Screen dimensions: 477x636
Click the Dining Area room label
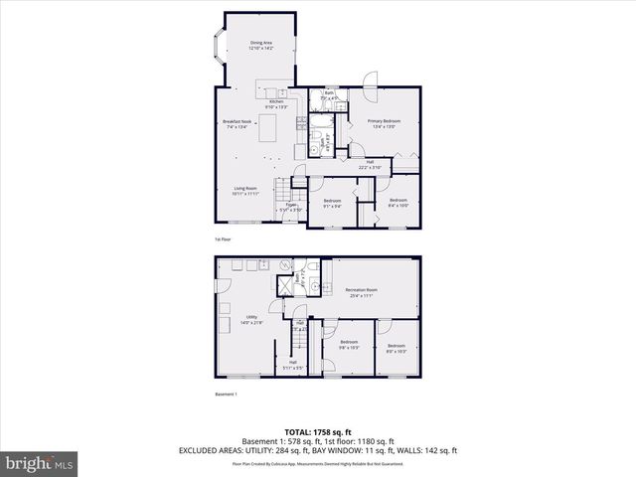261,44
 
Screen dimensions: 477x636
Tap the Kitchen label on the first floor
276,103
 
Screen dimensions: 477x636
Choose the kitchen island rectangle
267,129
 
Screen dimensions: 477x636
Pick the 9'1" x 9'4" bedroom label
332,204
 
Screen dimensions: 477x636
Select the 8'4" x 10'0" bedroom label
398,203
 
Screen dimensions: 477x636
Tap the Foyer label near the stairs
291,209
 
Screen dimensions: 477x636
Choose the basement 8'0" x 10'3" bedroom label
397,349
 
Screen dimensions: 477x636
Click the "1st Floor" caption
224,239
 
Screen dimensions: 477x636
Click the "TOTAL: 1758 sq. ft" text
317,431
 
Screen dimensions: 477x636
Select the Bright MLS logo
39,463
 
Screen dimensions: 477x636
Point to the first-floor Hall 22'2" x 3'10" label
370,165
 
